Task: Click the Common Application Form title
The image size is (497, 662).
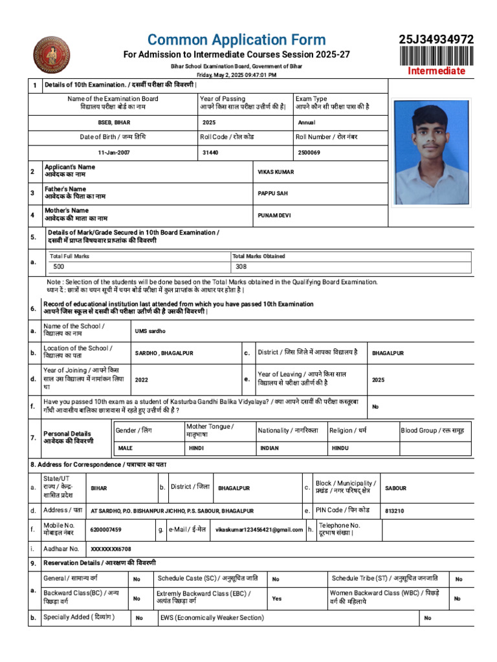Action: coord(236,40)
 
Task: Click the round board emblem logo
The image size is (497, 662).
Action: coord(52,55)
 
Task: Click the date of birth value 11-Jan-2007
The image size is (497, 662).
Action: coord(114,153)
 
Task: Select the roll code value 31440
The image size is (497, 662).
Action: coord(210,153)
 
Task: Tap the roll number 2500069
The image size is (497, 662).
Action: coord(309,153)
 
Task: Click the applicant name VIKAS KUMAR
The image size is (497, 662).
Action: coord(276,172)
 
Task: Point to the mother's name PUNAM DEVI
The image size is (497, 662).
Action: coord(274,215)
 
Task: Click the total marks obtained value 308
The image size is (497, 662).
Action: coord(241,266)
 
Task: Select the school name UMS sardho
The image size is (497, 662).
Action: coord(150,331)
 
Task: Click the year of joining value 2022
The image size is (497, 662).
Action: coord(141,380)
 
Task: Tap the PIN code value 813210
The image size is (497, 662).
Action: coord(395,511)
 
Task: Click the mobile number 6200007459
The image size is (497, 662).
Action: coord(106,529)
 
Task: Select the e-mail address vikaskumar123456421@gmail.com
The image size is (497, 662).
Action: coord(259,529)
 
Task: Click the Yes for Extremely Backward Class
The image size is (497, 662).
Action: coord(277,599)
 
